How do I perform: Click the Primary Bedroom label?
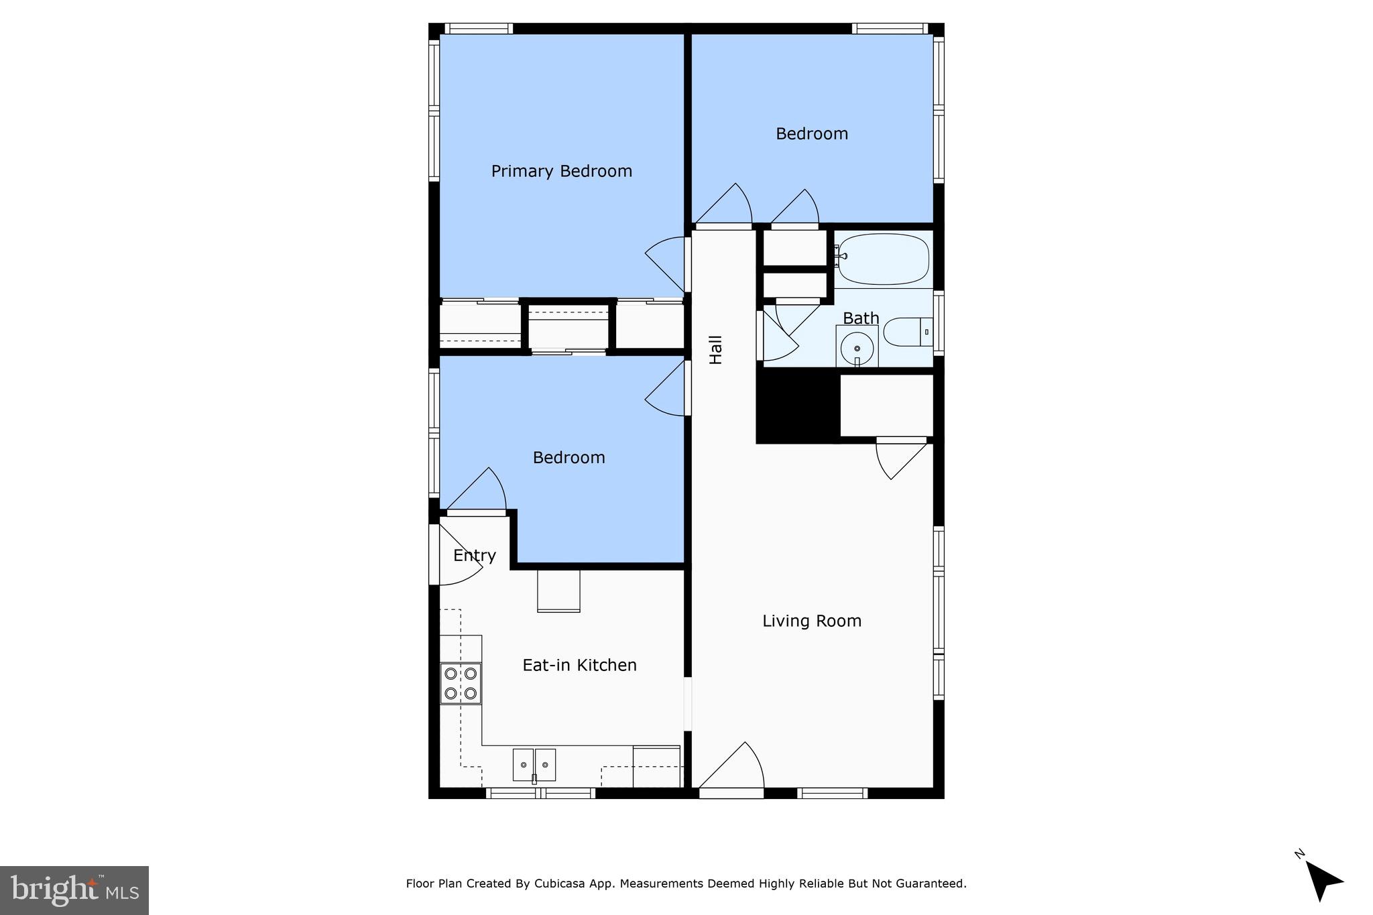[x=561, y=172]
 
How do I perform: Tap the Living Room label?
[x=811, y=621]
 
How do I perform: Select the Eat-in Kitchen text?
[x=579, y=666]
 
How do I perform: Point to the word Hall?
[x=716, y=350]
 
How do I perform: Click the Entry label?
[x=474, y=556]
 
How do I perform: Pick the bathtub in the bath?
[x=883, y=259]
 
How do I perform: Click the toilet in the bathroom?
[x=907, y=332]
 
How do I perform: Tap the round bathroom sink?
[x=857, y=348]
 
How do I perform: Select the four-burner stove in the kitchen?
[x=461, y=683]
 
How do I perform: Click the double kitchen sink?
[x=534, y=765]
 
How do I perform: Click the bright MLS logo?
[x=74, y=890]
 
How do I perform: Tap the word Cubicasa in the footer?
[x=557, y=883]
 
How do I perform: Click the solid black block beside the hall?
[x=797, y=406]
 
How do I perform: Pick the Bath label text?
[x=860, y=318]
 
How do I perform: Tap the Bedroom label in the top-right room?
[x=811, y=134]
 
